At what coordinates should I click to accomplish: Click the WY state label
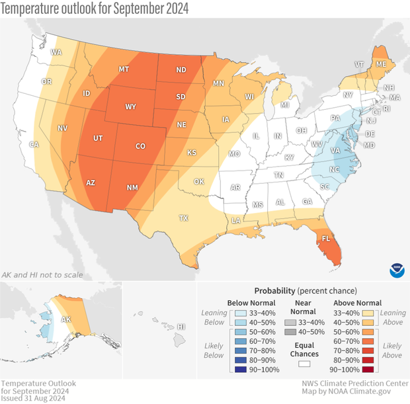(x=131, y=106)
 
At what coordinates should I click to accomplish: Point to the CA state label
(x=33, y=145)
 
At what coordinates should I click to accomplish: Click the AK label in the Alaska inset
(x=66, y=318)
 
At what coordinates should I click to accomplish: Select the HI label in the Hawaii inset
(x=182, y=327)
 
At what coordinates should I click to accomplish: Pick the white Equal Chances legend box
(x=306, y=363)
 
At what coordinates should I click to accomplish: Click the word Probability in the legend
(x=275, y=290)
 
